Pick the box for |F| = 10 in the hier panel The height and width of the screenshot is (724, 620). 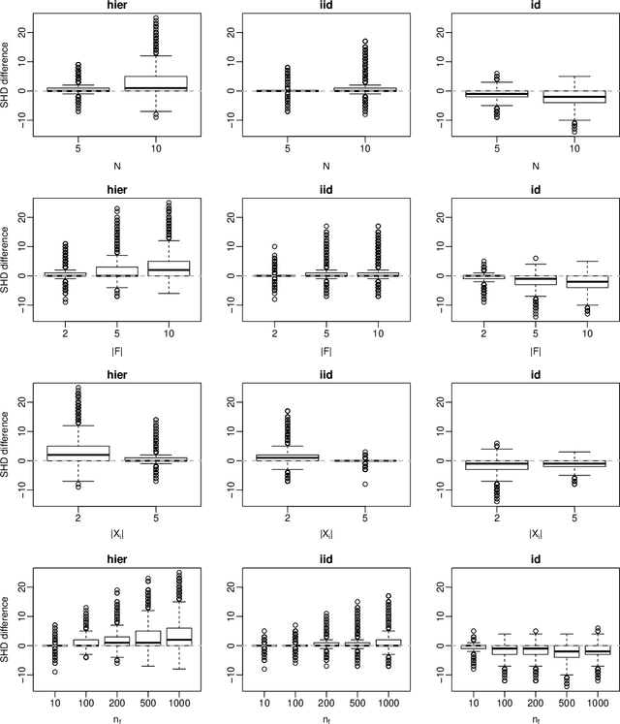point(176,267)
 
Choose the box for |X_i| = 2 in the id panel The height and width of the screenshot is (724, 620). point(496,464)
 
